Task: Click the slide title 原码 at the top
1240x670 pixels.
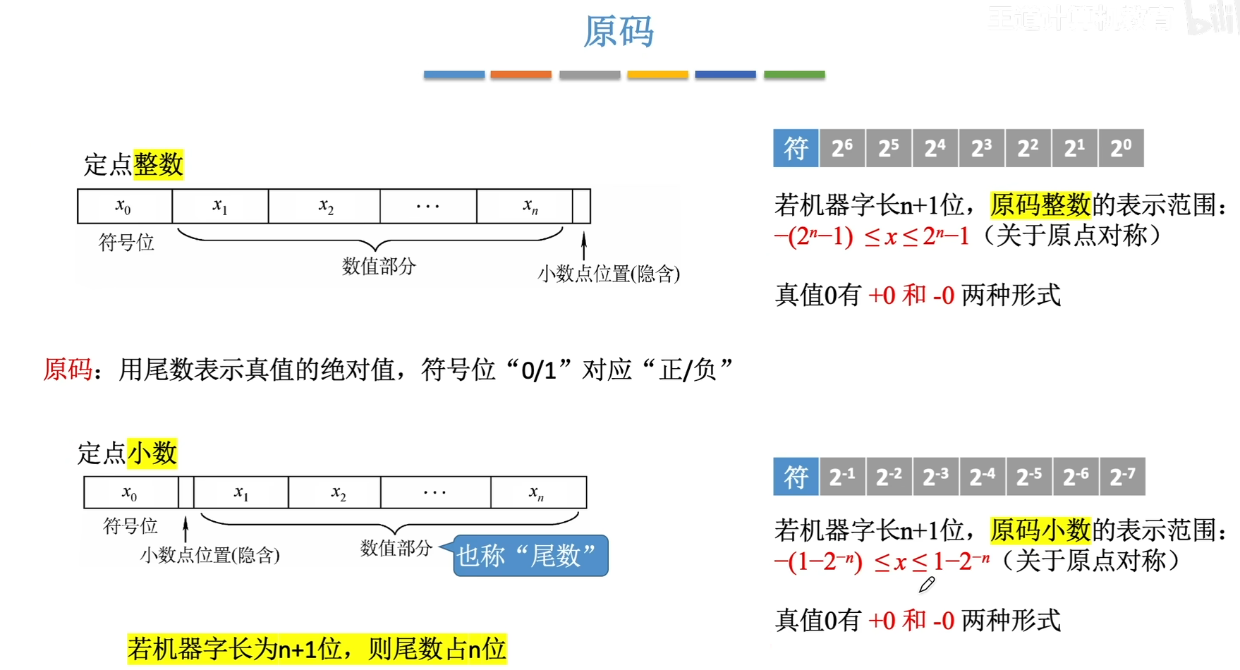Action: tap(619, 32)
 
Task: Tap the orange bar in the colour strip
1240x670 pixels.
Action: tap(521, 74)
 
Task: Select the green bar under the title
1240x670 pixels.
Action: tap(794, 74)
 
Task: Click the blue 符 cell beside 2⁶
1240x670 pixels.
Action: tap(796, 148)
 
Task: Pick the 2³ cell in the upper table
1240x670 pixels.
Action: tap(981, 148)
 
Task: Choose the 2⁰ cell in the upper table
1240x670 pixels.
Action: tap(1121, 148)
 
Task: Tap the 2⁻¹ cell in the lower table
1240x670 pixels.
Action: tap(842, 477)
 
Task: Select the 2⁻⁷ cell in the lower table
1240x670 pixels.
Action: tap(1122, 477)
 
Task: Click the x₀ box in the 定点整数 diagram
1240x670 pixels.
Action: tap(124, 206)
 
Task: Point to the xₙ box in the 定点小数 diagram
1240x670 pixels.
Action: tap(537, 492)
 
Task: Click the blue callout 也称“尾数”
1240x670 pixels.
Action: tap(530, 556)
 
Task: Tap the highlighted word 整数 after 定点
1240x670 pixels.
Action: tap(158, 164)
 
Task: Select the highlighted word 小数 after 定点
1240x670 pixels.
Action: tap(152, 453)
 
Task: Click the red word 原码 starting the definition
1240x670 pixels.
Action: tap(68, 369)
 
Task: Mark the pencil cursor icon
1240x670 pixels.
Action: tap(926, 585)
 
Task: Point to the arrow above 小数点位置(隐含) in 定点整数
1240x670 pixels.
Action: tap(584, 246)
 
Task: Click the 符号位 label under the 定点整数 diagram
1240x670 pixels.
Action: tap(126, 243)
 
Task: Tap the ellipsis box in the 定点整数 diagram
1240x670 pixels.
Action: tap(428, 206)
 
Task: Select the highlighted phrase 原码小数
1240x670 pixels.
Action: tap(1040, 530)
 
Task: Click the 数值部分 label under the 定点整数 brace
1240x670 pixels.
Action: tap(379, 266)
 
